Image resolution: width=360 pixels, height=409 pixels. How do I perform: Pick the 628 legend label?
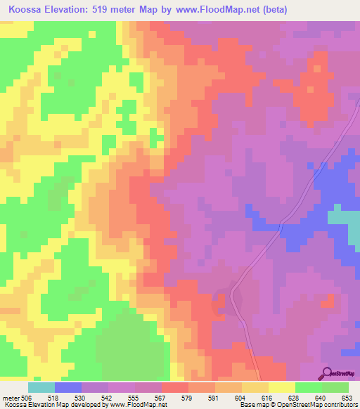point(282,397)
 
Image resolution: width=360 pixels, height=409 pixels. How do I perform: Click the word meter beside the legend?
point(11,397)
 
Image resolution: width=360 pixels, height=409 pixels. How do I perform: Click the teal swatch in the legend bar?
point(41,387)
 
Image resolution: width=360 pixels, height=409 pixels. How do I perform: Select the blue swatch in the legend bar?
point(68,387)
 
